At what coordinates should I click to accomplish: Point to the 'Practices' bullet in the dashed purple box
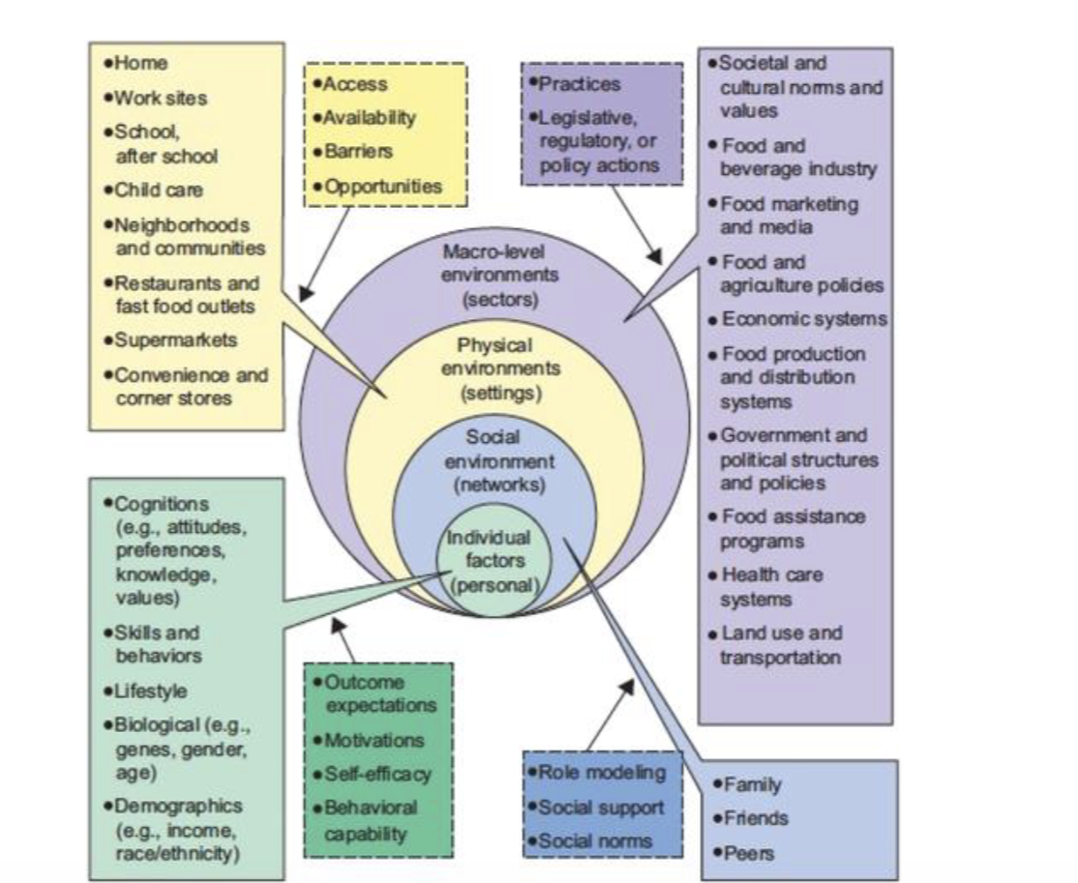pyautogui.click(x=579, y=84)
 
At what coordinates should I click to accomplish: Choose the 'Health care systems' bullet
pyautogui.click(x=771, y=587)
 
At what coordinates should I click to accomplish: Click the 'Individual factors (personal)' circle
pyautogui.click(x=494, y=560)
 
